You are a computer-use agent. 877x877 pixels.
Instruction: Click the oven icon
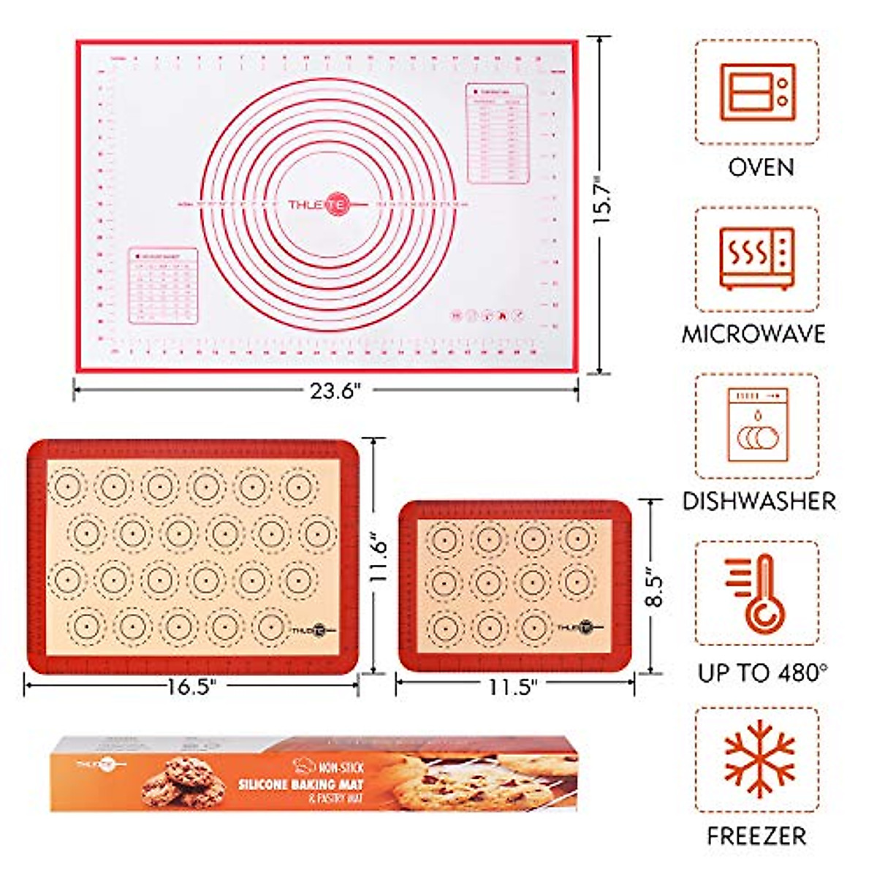click(757, 92)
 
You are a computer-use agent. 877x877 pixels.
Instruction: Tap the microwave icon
click(757, 259)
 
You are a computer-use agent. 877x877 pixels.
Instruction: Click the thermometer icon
click(757, 593)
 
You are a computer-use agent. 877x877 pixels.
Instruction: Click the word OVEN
click(761, 167)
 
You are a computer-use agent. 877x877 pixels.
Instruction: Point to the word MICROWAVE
click(753, 334)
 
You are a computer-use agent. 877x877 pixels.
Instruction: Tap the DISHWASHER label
click(759, 501)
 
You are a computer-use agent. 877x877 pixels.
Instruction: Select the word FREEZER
click(756, 835)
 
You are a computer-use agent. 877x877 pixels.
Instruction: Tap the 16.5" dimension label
click(192, 686)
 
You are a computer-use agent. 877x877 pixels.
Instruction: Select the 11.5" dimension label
click(513, 686)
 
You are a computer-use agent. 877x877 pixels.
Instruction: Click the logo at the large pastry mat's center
click(320, 205)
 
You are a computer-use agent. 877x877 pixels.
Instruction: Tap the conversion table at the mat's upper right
click(497, 133)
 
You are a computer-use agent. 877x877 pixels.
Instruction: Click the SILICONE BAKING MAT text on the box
click(300, 784)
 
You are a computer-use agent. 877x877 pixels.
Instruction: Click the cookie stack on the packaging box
click(179, 782)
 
